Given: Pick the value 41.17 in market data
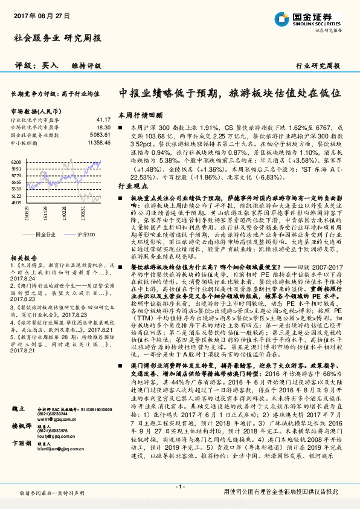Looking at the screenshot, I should point(103,120).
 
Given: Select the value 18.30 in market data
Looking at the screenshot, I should point(103,128).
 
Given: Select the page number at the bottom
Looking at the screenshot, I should point(179,486).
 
